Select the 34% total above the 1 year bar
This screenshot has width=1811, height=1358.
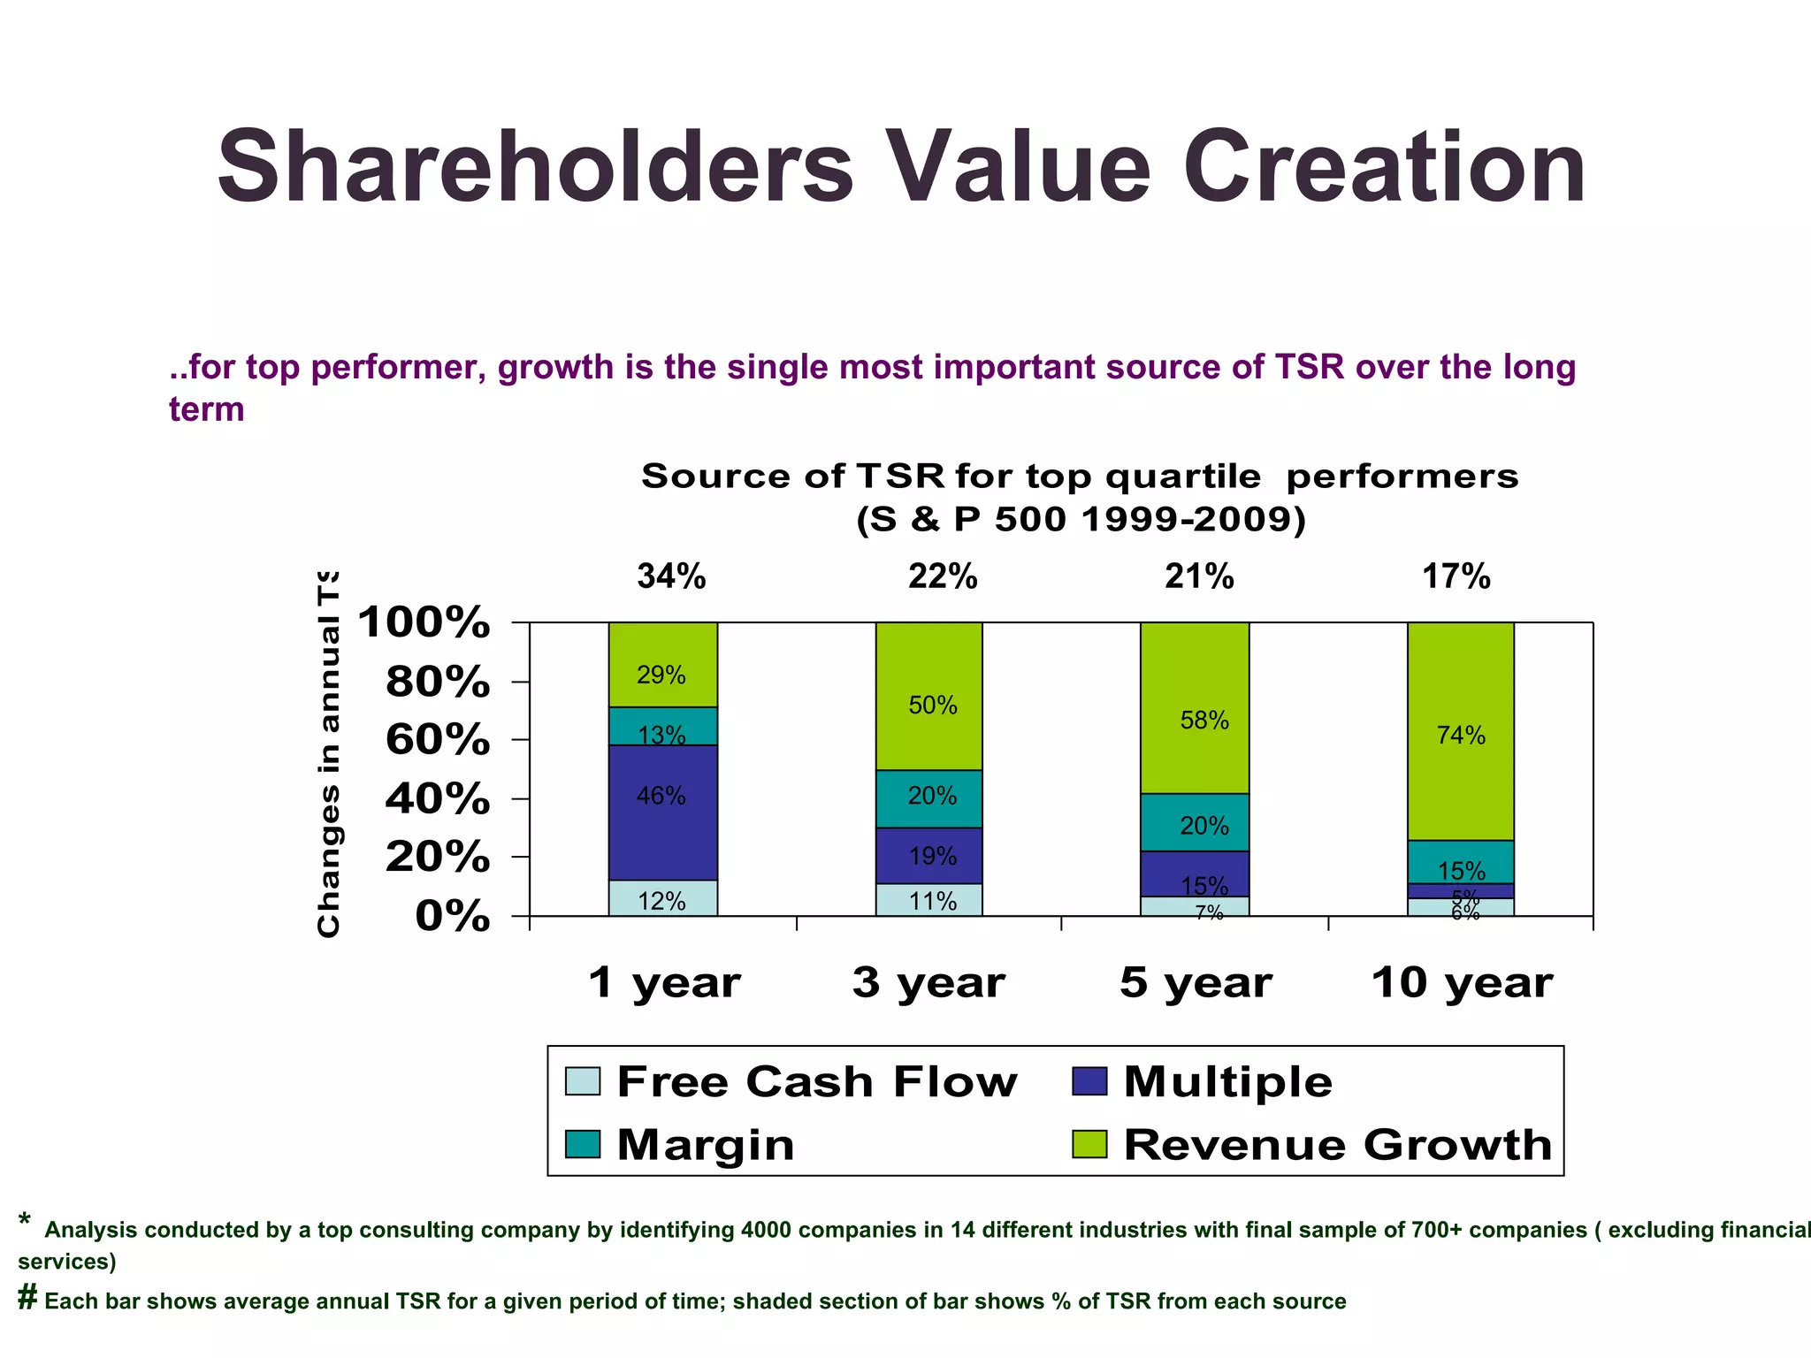[x=671, y=577]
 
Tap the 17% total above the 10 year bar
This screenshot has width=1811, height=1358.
[x=1456, y=577]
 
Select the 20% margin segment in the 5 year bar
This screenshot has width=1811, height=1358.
[x=1195, y=822]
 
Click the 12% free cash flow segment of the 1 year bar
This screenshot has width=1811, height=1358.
[x=662, y=899]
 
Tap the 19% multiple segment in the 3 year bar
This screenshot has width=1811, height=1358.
[x=929, y=856]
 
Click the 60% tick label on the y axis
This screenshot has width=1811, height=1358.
[x=437, y=739]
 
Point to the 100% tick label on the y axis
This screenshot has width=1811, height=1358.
[x=424, y=622]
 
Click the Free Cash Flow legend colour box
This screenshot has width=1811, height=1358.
[x=583, y=1081]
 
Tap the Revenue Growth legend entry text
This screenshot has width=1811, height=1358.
[x=1337, y=1145]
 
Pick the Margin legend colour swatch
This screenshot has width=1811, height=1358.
[x=583, y=1145]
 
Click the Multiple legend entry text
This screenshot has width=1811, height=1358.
[x=1227, y=1082]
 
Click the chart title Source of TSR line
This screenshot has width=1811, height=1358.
[x=1080, y=477]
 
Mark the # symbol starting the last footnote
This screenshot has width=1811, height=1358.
[x=27, y=1298]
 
